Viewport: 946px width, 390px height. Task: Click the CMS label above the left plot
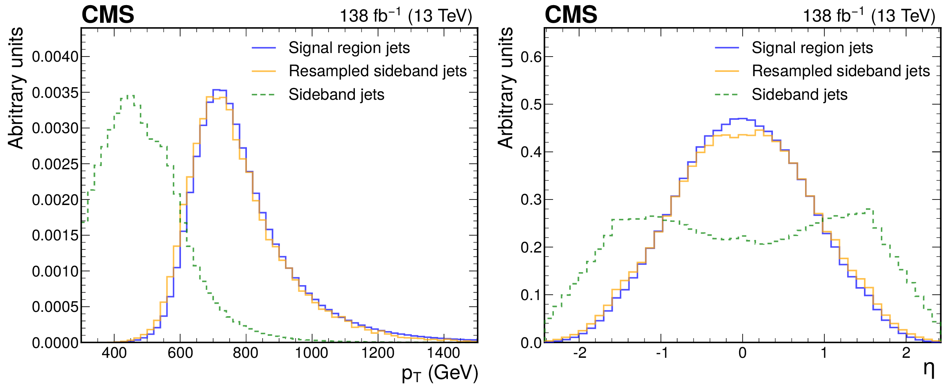(108, 15)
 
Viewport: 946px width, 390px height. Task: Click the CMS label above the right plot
(571, 15)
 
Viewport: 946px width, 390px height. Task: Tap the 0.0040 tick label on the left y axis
(55, 57)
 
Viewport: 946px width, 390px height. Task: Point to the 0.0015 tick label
(55, 236)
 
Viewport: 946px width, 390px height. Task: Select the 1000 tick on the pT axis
(311, 353)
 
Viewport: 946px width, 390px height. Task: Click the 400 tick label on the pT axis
(114, 353)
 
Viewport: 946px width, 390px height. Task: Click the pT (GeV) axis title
(440, 373)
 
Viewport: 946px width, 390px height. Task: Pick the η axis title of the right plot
(929, 369)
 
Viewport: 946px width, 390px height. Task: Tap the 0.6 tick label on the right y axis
(531, 57)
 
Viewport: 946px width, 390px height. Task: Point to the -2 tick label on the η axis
(579, 353)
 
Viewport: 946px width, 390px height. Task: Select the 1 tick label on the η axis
(824, 353)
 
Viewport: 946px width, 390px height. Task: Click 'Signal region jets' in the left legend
(349, 48)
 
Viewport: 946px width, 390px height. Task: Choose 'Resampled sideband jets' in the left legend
(378, 71)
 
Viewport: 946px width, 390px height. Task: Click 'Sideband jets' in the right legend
(800, 95)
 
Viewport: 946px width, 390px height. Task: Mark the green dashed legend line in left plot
(264, 95)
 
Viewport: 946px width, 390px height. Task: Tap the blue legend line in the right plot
(727, 48)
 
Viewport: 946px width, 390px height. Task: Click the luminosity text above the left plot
(405, 16)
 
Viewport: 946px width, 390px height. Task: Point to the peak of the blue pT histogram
(219, 90)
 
